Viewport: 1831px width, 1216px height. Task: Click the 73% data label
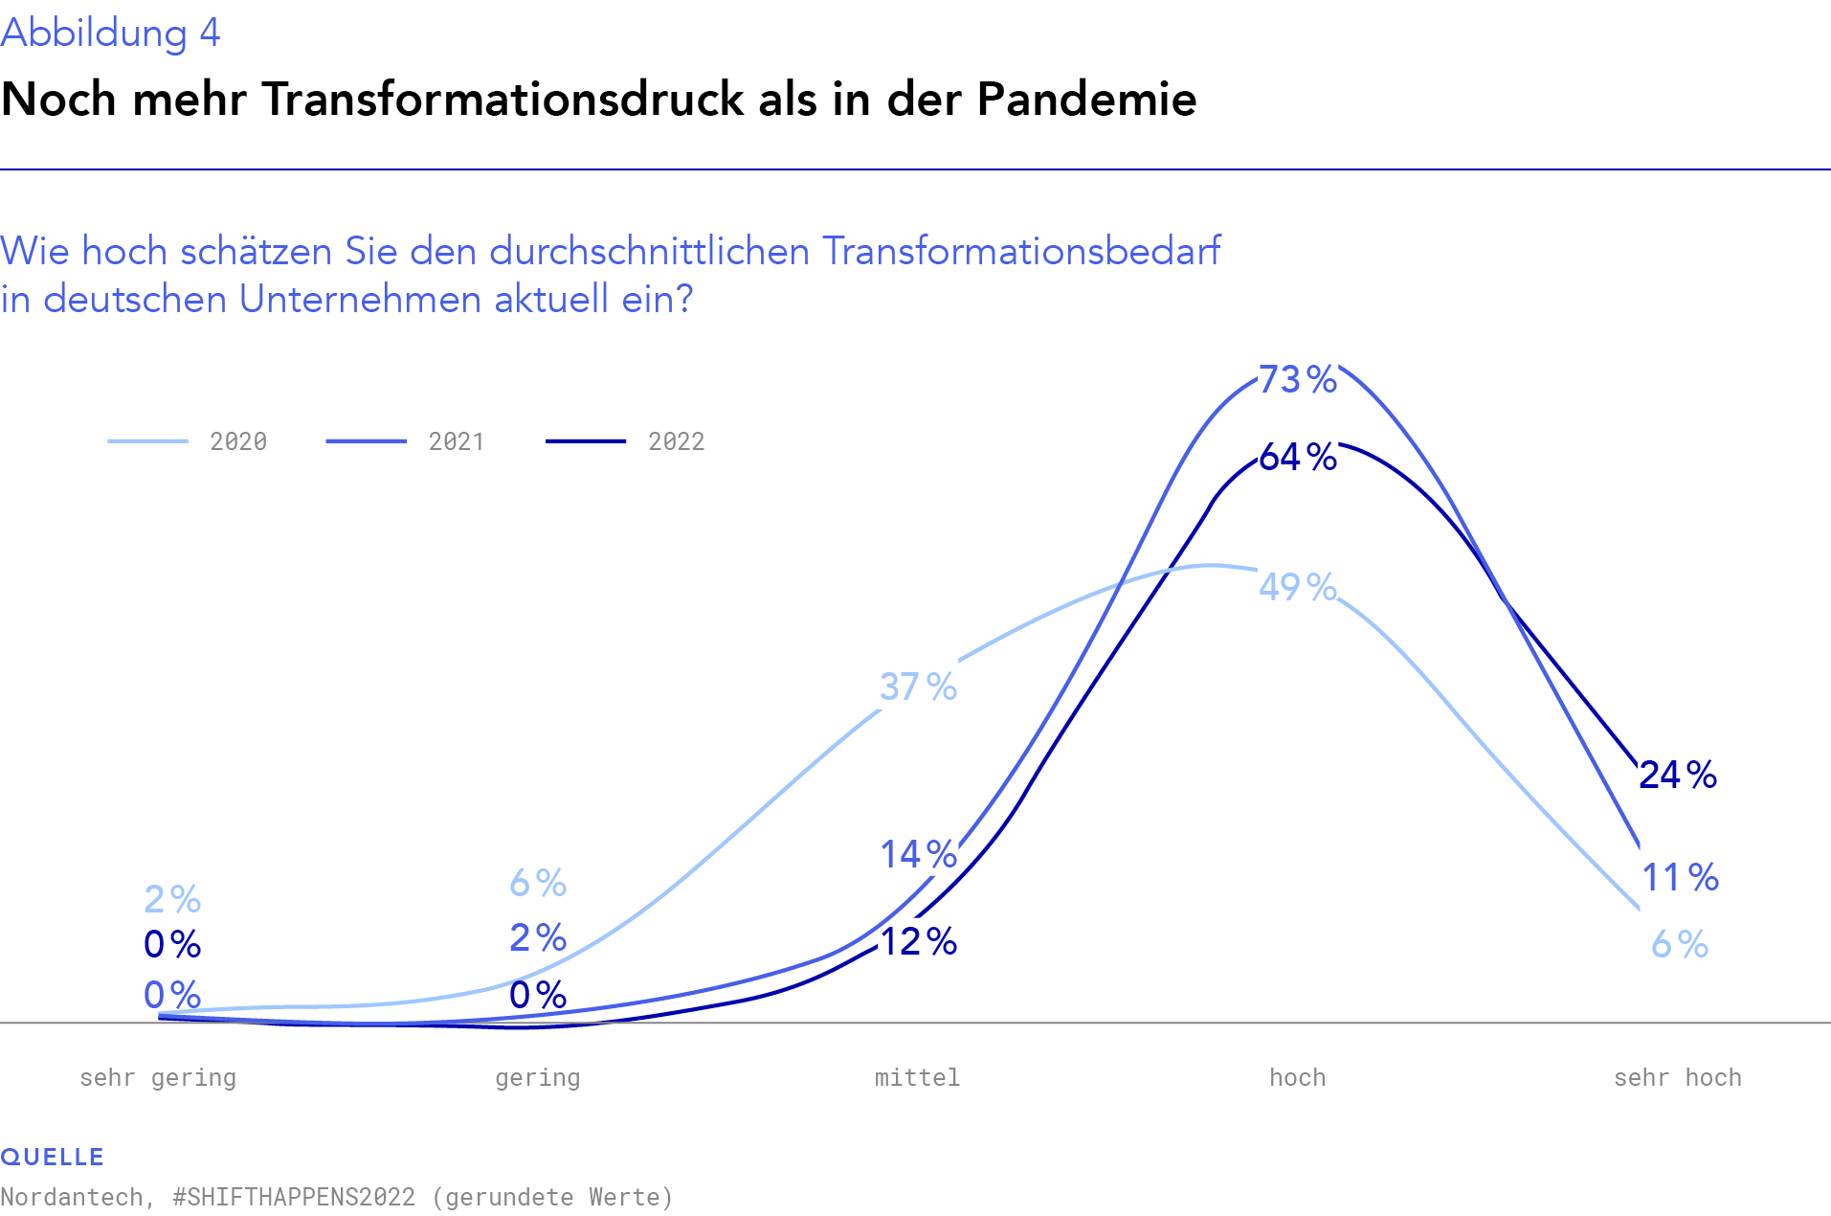[1297, 380]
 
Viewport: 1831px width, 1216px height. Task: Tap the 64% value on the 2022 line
[1297, 458]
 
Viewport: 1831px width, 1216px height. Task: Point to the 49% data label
[1297, 587]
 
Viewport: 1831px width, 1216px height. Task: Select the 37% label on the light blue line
[918, 687]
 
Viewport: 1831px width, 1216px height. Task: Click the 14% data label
[918, 854]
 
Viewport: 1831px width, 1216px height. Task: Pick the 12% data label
[918, 942]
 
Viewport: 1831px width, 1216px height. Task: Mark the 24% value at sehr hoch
[1677, 776]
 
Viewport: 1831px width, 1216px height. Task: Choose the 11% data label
[1680, 877]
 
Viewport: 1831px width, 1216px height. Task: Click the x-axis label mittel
[917, 1078]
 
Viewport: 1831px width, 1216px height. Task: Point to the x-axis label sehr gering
[158, 1078]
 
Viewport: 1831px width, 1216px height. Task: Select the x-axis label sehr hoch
[1677, 1078]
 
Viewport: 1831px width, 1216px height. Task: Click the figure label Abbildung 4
[110, 34]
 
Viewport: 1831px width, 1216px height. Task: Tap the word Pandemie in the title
[1086, 100]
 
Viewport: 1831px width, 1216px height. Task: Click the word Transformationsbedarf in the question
[1021, 251]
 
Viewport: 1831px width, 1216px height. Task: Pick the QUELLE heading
[53, 1157]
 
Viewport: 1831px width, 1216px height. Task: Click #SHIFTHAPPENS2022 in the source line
[294, 1198]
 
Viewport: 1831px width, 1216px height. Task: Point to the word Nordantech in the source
[72, 1198]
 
